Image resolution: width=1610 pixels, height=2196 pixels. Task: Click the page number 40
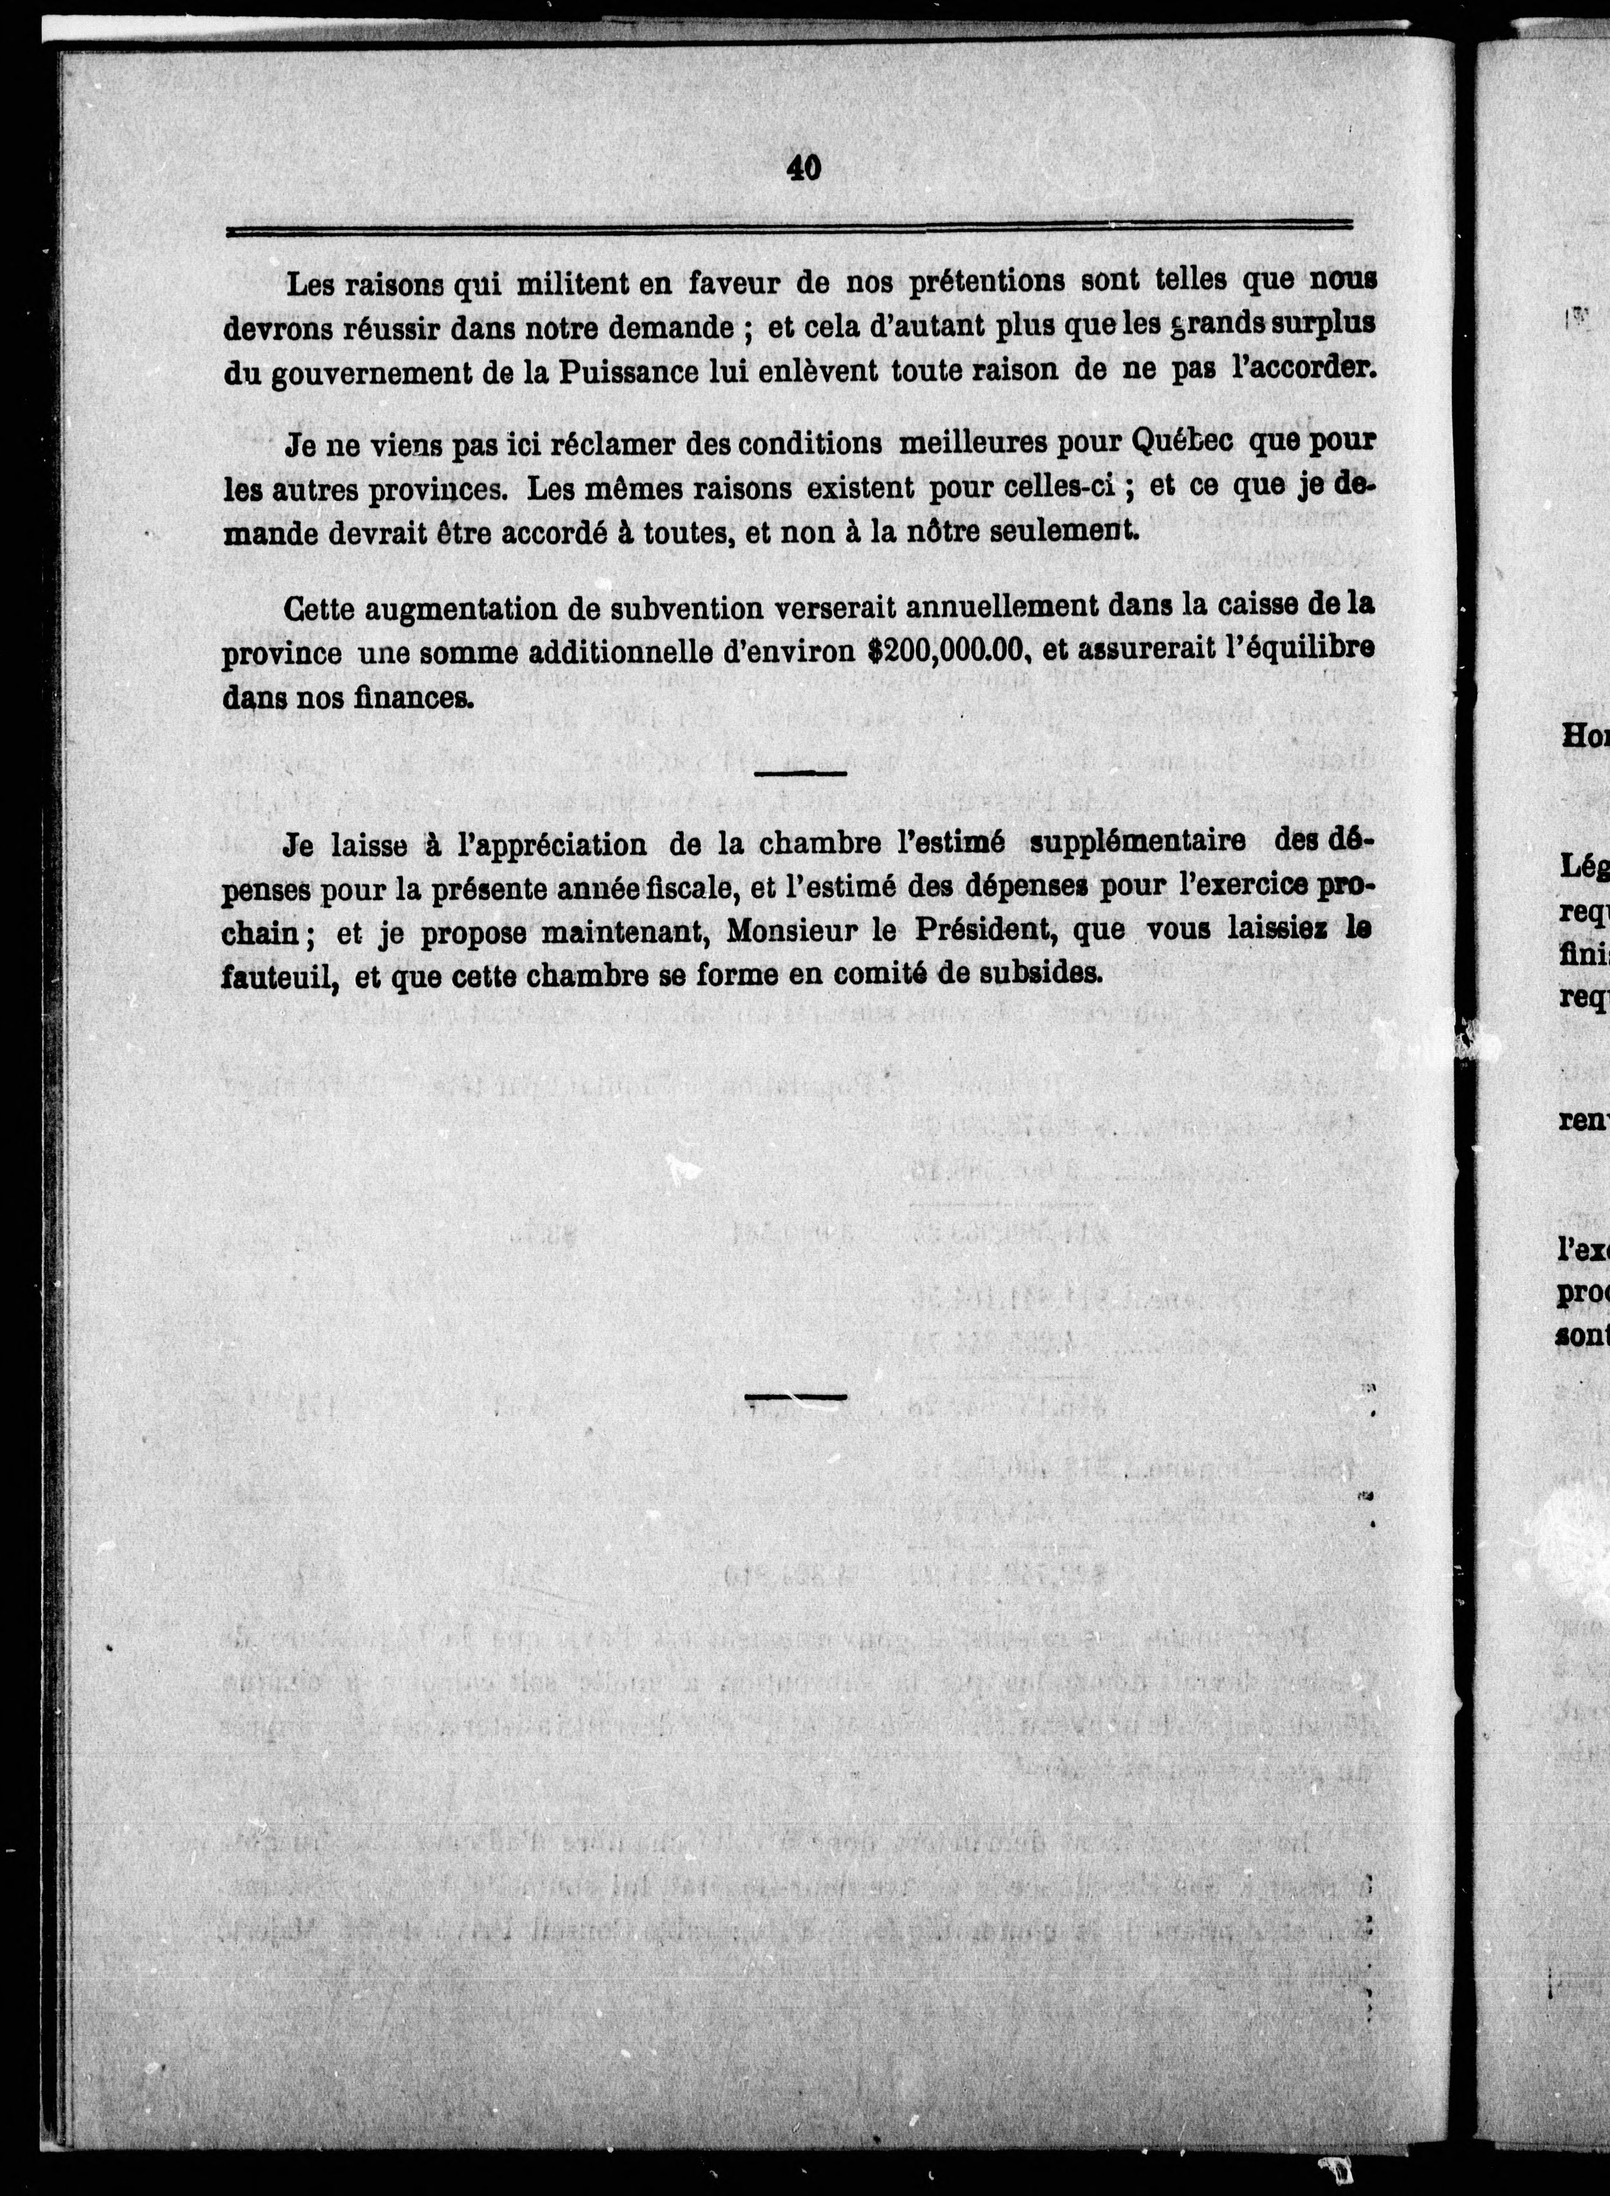(x=803, y=168)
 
